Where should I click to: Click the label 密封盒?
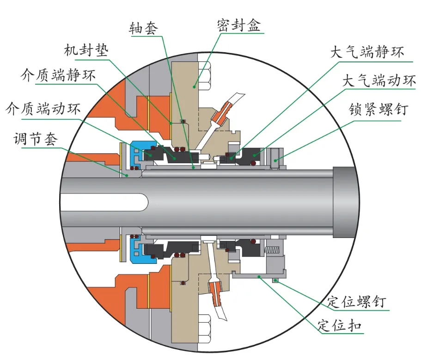[238, 25]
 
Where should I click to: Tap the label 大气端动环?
[379, 81]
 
